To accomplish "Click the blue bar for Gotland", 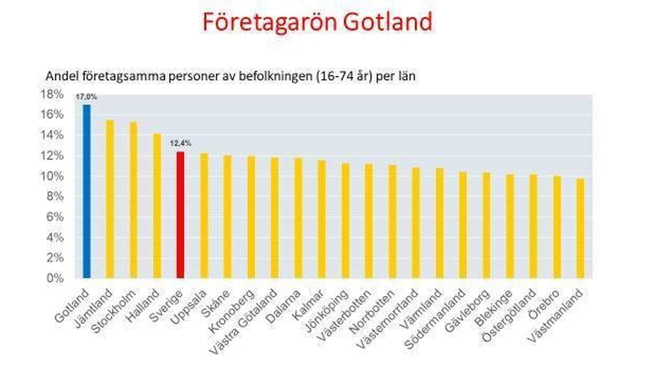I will click(x=87, y=191).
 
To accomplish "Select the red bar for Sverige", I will click(x=181, y=215).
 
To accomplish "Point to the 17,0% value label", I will click(x=86, y=97).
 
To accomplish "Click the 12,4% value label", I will click(x=181, y=144).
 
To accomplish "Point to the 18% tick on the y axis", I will click(x=52, y=94).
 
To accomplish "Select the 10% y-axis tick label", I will click(x=52, y=176).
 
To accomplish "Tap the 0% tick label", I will click(x=55, y=278).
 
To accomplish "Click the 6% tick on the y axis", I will click(x=55, y=217).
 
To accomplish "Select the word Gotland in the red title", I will click(x=388, y=22).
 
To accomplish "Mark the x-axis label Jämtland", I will click(x=93, y=308).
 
